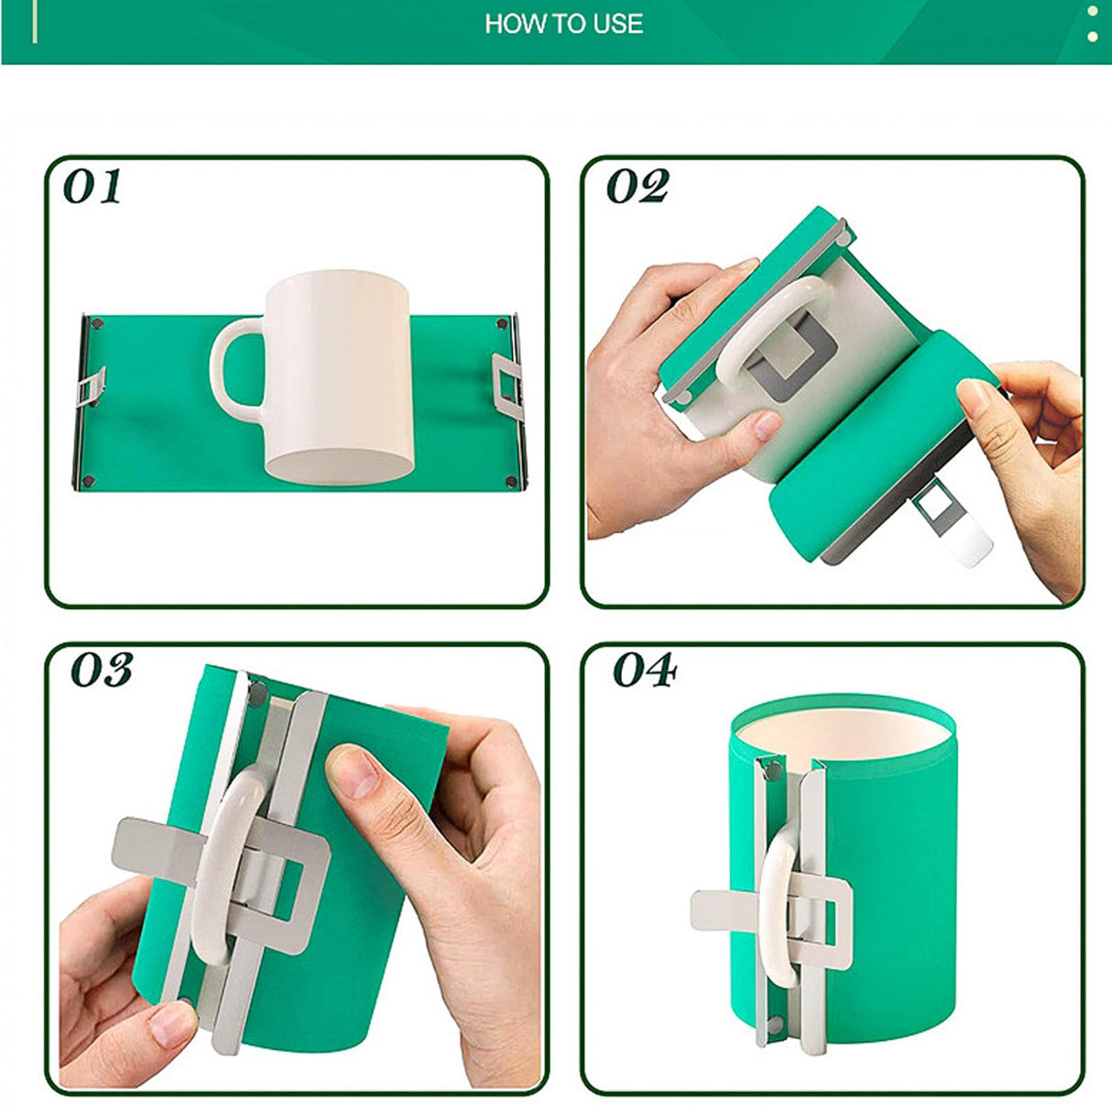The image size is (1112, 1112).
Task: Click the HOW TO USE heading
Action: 563,24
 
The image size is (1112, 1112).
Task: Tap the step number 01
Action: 93,187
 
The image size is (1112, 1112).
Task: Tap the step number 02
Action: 638,187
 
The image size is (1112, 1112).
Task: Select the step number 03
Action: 101,670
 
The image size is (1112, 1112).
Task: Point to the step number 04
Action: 644,670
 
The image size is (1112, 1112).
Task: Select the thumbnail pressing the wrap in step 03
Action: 353,771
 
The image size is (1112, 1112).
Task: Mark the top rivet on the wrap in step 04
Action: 769,763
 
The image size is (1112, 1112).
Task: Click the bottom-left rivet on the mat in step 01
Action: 89,480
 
